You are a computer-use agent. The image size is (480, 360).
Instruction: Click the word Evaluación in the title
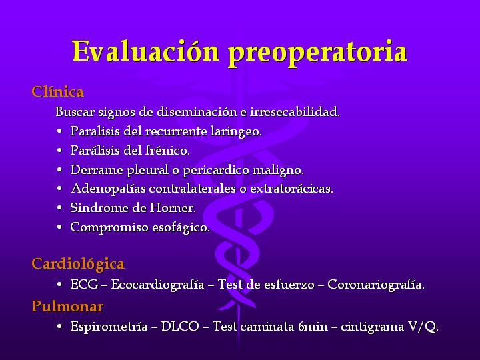(x=146, y=51)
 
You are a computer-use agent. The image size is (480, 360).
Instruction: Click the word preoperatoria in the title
(x=318, y=53)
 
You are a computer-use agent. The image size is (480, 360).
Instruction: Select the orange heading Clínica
(x=57, y=91)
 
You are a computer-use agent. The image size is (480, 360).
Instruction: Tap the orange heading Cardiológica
(x=78, y=264)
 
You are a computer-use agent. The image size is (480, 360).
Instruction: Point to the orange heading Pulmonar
(x=67, y=306)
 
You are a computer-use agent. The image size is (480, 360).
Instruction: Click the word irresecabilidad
(x=295, y=111)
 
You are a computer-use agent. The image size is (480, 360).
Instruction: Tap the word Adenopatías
(x=109, y=189)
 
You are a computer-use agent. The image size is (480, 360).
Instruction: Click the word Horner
(x=173, y=208)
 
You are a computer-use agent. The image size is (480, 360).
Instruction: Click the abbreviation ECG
(x=84, y=285)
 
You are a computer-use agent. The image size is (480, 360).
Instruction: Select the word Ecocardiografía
(x=157, y=285)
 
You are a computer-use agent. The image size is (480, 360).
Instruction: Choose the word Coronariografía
(x=376, y=285)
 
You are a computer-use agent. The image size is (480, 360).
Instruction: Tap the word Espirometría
(x=109, y=327)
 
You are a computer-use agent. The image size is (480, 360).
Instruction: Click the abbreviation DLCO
(x=180, y=326)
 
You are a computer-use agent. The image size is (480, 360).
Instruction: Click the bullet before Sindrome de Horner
(x=59, y=208)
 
